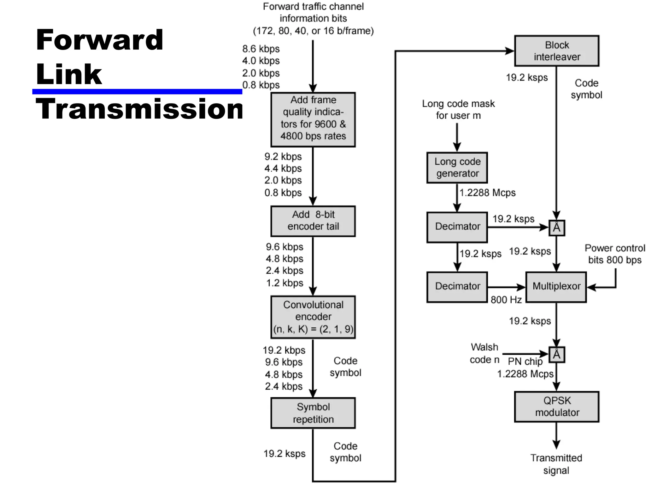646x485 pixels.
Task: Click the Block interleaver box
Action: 556,51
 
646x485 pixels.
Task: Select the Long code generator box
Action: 457,168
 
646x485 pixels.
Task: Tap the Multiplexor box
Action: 556,287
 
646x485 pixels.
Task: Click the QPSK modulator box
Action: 556,407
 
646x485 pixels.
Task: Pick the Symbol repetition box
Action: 313,413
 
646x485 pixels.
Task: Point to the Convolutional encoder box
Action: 313,317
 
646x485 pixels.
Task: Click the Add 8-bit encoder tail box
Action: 313,221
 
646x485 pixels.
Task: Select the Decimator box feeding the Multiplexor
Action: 457,287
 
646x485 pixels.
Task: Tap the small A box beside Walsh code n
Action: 556,355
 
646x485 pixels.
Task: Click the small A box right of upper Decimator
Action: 556,228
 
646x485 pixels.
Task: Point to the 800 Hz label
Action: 506,300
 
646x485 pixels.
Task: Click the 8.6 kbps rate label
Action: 261,49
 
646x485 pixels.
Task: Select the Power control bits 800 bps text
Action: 614,254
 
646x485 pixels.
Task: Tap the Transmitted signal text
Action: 556,464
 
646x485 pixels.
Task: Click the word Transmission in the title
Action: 139,109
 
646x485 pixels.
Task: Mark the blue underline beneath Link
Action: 137,92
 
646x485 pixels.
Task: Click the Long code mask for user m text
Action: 458,110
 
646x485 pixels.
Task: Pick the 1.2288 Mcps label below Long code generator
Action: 487,193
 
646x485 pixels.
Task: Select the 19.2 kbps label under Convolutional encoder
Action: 284,350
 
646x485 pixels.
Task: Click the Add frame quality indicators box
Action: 313,120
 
